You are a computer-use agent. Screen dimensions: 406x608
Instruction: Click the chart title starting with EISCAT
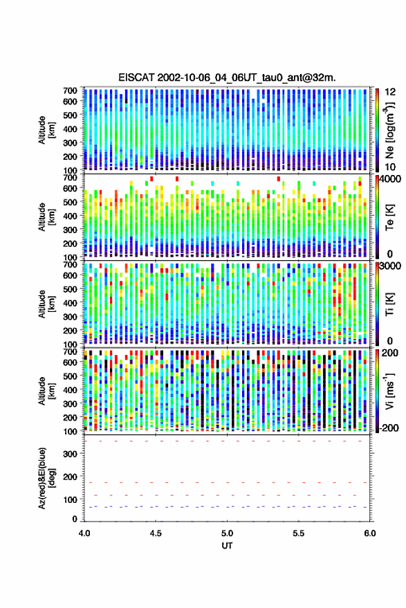227,77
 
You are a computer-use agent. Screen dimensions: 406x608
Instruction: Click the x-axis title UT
227,546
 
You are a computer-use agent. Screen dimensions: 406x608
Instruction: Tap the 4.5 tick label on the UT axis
156,533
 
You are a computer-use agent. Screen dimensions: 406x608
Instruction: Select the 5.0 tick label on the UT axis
227,533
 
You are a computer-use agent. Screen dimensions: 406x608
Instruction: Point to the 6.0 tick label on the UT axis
369,533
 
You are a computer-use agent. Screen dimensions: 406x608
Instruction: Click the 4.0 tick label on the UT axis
84,533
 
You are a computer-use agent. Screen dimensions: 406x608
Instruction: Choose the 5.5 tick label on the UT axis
298,533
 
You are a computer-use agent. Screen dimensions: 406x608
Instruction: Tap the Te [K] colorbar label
389,217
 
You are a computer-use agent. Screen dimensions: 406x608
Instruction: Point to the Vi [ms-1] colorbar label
389,391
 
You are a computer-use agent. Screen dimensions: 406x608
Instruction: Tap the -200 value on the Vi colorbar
389,427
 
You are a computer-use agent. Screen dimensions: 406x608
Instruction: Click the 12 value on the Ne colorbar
390,92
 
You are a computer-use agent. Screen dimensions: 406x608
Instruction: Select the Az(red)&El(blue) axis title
46,478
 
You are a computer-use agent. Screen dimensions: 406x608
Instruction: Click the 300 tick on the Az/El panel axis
71,453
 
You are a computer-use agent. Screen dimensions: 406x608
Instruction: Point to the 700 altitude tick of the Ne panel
70,91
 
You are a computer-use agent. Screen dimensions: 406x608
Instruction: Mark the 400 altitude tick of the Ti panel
70,303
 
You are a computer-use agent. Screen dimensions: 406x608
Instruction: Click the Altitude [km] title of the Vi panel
46,391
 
